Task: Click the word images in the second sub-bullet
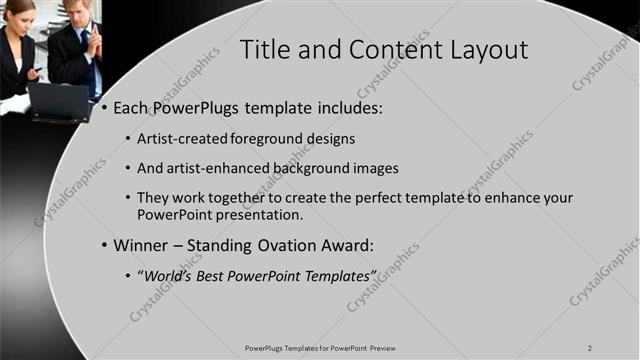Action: point(376,168)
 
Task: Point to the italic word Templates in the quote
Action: point(341,275)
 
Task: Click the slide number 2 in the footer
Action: point(590,347)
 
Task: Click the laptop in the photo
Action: point(58,100)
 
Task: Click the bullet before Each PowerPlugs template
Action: point(104,107)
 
